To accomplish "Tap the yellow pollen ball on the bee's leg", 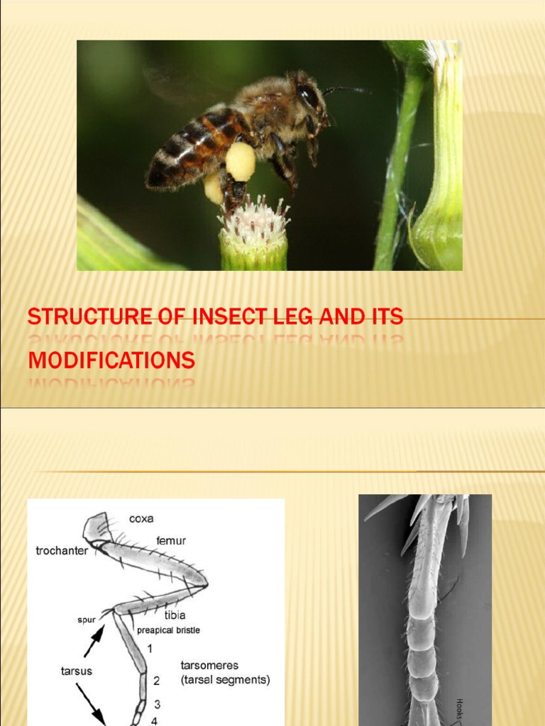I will (x=241, y=161).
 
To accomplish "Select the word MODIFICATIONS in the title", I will (x=111, y=360).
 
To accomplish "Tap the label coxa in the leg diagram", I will (x=141, y=519).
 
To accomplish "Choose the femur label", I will (x=171, y=541).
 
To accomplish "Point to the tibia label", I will (x=175, y=615).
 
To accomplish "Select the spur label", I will (x=87, y=620).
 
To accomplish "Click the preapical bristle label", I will (x=168, y=630).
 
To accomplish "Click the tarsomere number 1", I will (x=150, y=648).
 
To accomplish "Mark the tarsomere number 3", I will (x=157, y=704).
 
